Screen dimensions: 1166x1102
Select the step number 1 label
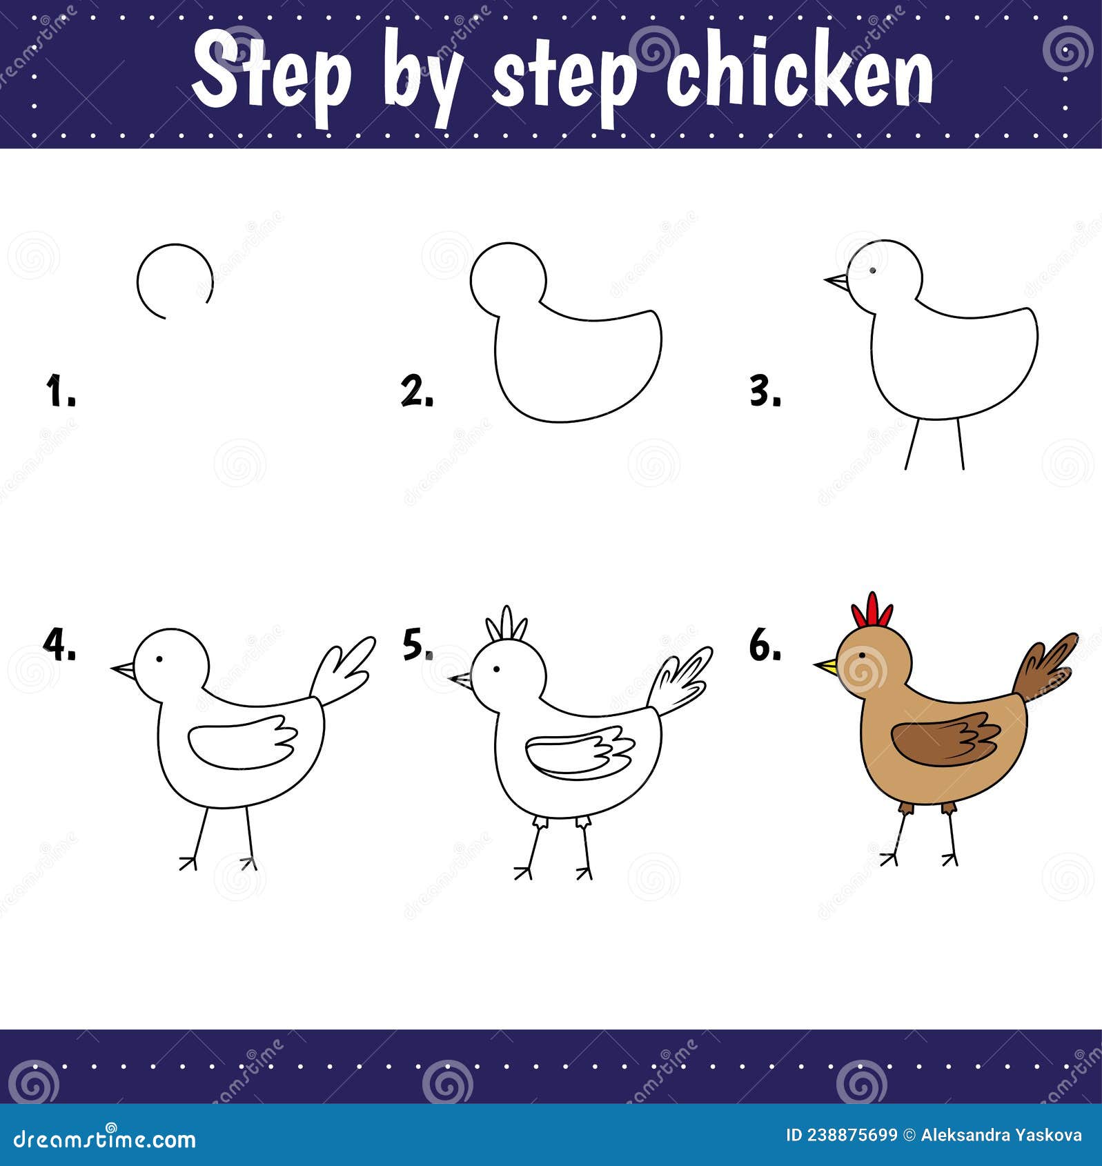(60, 391)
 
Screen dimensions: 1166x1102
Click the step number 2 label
(417, 391)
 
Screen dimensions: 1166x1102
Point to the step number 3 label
(765, 392)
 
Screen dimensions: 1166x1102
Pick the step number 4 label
(59, 644)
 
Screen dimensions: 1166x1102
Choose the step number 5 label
(417, 644)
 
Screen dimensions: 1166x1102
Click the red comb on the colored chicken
(872, 611)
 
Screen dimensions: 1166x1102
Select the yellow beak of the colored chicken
(826, 666)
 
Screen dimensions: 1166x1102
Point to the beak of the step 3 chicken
(837, 281)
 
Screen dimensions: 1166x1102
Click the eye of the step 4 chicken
(159, 659)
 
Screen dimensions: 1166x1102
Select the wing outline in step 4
(242, 744)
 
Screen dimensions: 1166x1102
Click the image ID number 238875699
(841, 1136)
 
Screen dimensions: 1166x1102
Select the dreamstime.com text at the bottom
(105, 1138)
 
